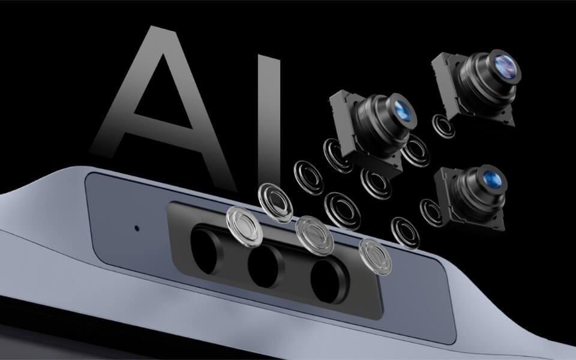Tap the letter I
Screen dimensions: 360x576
269,102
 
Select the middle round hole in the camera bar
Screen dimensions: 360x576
264,264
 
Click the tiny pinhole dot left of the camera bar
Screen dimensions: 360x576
137,229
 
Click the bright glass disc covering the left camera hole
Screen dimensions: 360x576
242,224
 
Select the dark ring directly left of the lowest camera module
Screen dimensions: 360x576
431,211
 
